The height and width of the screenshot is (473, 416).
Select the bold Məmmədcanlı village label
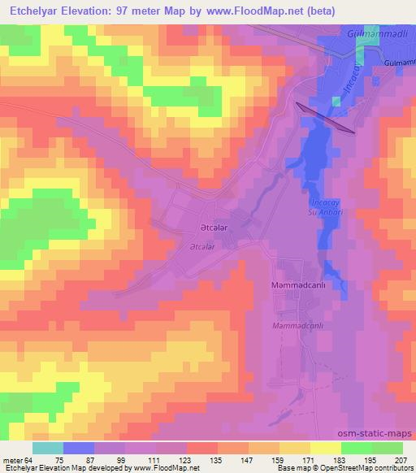[x=298, y=287]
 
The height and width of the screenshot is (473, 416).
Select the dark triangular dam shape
[x=325, y=118]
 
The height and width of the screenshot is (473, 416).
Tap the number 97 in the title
[x=151, y=9]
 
